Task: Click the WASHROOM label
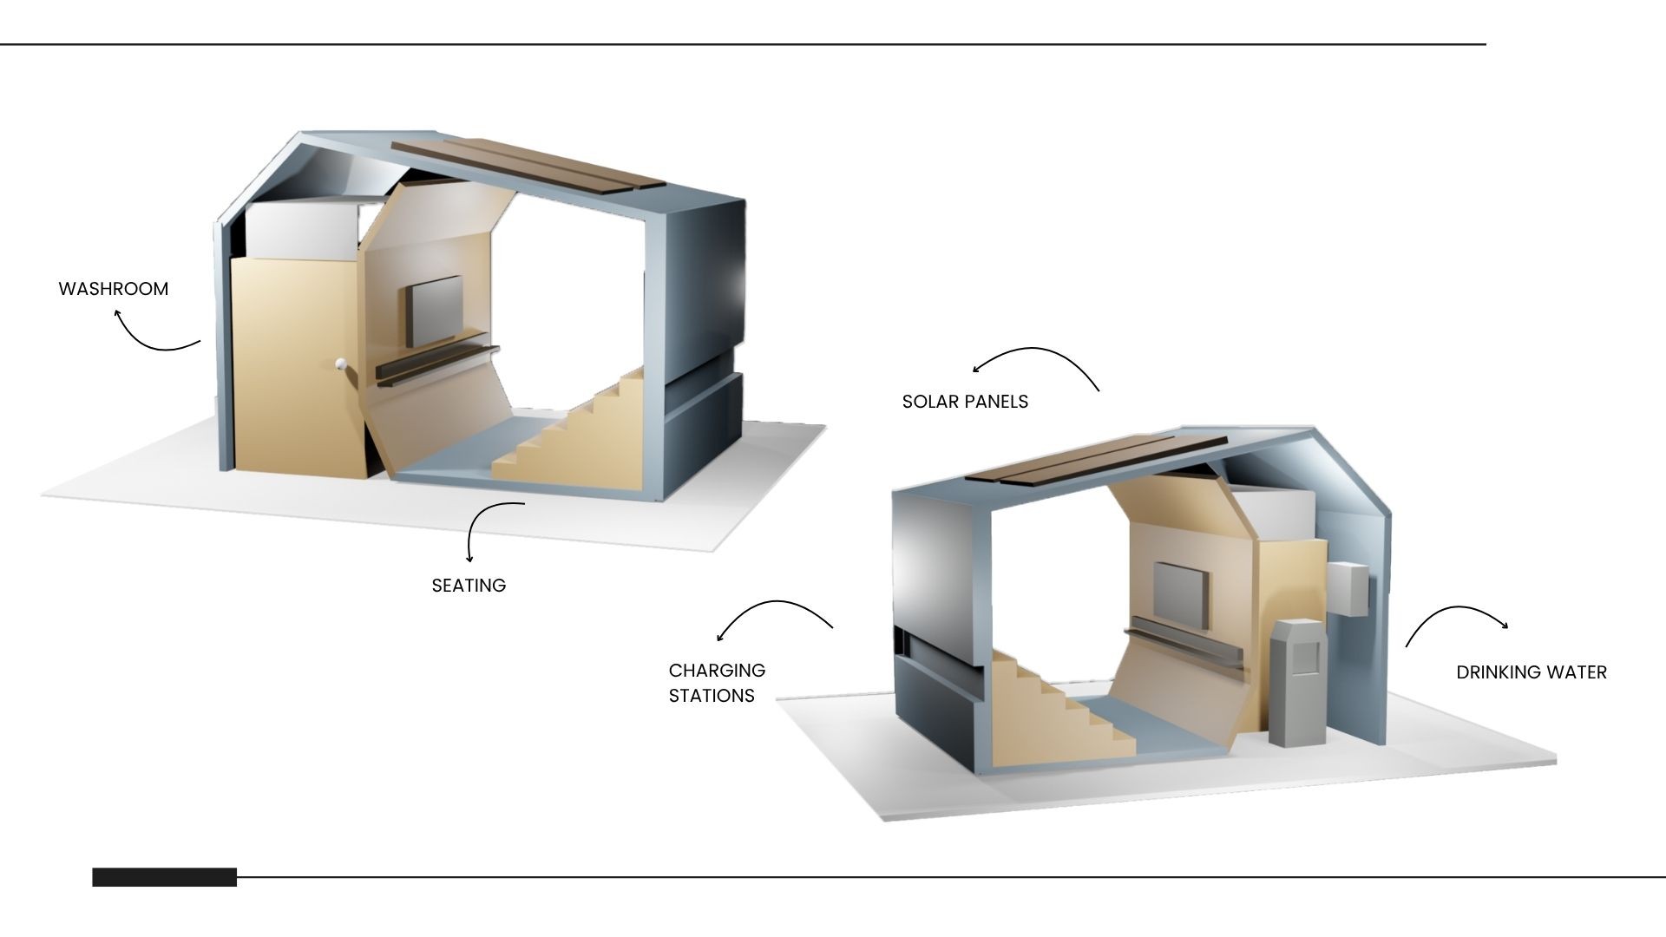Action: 114,289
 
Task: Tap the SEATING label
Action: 469,586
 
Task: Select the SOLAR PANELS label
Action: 965,402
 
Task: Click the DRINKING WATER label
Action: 1532,672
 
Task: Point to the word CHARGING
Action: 717,671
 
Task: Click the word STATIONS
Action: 712,696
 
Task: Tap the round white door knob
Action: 342,364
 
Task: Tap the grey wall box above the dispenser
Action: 1348,588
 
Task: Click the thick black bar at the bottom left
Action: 164,877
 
